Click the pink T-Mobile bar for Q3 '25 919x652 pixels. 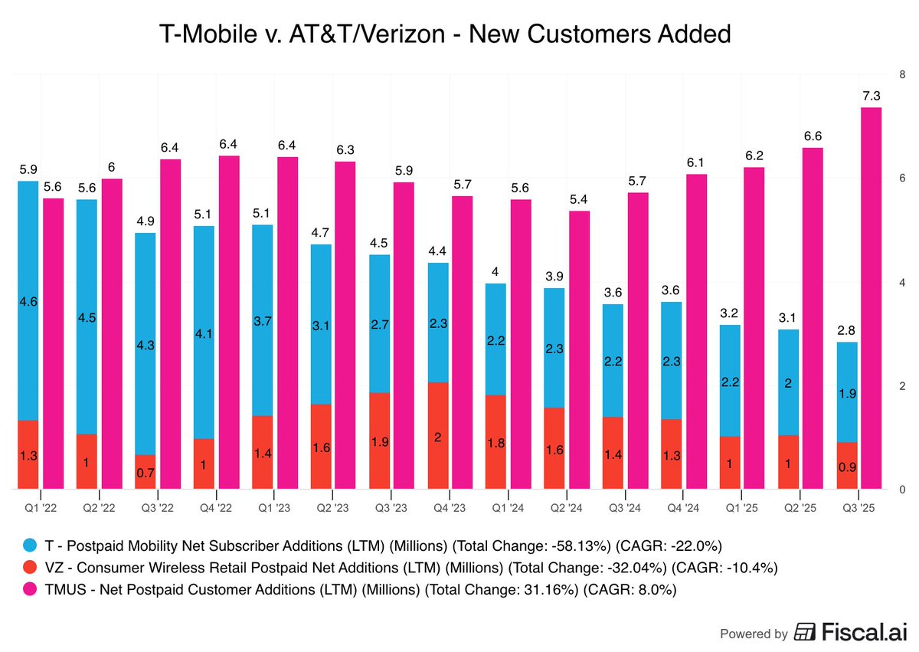[x=871, y=299]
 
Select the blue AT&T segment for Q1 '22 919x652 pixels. [x=28, y=299]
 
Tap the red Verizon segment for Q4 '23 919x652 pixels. [x=438, y=435]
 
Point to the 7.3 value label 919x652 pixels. [x=871, y=96]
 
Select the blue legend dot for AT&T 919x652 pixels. [x=30, y=546]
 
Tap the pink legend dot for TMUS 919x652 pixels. [x=30, y=590]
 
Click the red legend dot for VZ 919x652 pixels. [x=30, y=568]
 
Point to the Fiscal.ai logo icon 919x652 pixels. [x=805, y=633]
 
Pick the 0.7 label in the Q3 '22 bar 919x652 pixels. [x=146, y=473]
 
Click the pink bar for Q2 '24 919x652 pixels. [x=579, y=349]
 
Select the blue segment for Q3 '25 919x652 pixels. [x=846, y=392]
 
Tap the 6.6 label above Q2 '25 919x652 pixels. [x=813, y=136]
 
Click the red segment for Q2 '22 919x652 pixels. [x=87, y=461]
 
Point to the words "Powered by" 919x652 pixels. [x=754, y=634]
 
